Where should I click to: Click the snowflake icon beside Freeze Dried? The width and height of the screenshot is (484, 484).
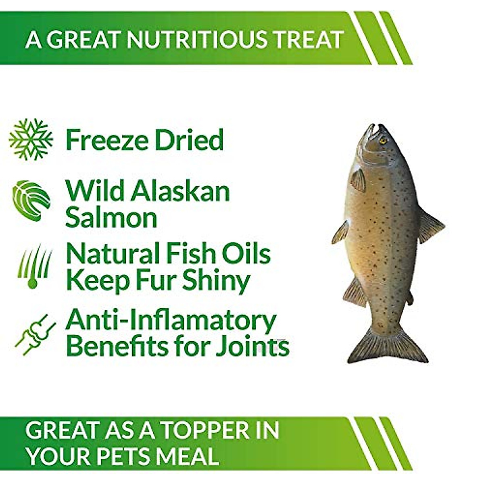(x=31, y=140)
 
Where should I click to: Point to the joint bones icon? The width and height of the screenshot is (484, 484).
(x=34, y=333)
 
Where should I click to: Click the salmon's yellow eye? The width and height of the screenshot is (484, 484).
(x=382, y=140)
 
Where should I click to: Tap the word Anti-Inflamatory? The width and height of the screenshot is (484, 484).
(x=171, y=321)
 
